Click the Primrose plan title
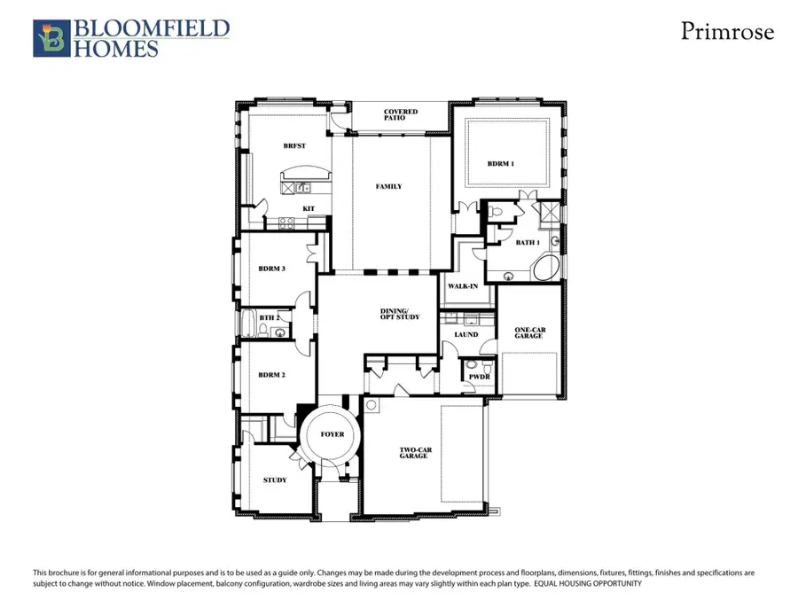(x=727, y=32)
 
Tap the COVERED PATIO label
(x=401, y=115)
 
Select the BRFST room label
(x=294, y=146)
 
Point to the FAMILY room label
(x=388, y=187)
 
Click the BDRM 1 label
(x=500, y=164)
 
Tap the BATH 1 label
(x=528, y=242)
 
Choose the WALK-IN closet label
(x=462, y=286)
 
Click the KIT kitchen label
(x=309, y=209)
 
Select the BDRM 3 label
(x=271, y=269)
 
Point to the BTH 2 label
(x=270, y=317)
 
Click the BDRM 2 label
(x=271, y=375)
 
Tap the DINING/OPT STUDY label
(x=400, y=313)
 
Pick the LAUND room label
(x=465, y=334)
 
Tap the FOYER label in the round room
(x=332, y=434)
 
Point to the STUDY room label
(x=275, y=480)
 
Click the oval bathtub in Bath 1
(x=546, y=269)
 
